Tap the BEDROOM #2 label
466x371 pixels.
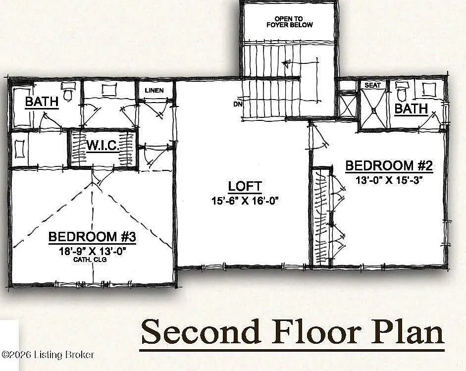click(x=389, y=165)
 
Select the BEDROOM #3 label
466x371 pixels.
click(x=92, y=237)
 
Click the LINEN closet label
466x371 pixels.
click(x=154, y=91)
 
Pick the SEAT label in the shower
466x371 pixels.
click(x=373, y=85)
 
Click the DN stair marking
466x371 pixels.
click(x=237, y=104)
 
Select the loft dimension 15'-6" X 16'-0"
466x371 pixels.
click(x=245, y=201)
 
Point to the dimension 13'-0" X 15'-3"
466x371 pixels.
click(x=389, y=180)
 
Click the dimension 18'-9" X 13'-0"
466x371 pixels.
click(x=92, y=251)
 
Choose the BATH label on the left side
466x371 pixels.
click(x=42, y=102)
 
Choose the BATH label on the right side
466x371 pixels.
click(x=411, y=109)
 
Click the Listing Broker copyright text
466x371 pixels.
click(x=48, y=355)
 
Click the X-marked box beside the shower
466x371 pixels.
click(x=347, y=106)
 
